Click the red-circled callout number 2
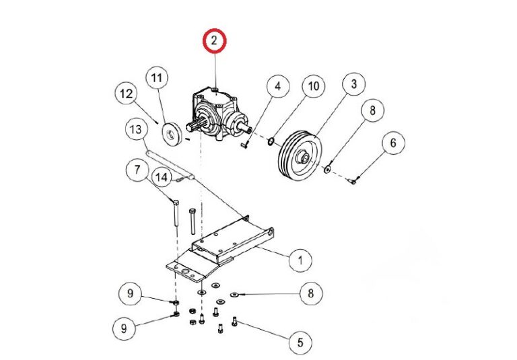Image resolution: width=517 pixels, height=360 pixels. (214, 42)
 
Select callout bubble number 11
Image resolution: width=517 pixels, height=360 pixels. (156, 79)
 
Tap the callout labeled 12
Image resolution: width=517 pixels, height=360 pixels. (127, 94)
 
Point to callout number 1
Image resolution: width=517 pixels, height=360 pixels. (300, 258)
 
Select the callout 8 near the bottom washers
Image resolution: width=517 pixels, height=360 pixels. (310, 293)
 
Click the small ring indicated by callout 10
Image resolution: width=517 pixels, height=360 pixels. (270, 141)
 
